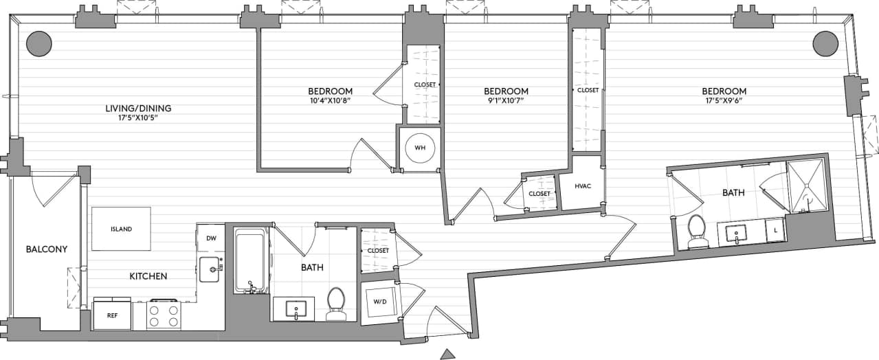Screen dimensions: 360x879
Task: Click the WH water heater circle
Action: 419,148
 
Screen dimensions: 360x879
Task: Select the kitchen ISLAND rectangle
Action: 122,229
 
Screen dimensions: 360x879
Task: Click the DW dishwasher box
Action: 211,238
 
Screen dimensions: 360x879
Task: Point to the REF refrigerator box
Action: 111,316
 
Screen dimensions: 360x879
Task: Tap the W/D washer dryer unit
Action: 379,301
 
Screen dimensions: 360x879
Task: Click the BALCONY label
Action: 47,249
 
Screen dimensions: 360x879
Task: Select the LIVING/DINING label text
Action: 138,109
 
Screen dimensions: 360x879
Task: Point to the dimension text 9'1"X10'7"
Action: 506,101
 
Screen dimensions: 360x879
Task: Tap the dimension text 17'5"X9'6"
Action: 724,101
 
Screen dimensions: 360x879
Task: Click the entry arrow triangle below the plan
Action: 448,354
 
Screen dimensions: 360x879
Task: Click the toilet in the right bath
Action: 698,232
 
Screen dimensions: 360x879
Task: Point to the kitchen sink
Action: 209,269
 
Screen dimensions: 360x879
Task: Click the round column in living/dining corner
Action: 39,44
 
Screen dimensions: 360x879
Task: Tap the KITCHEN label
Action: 148,276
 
